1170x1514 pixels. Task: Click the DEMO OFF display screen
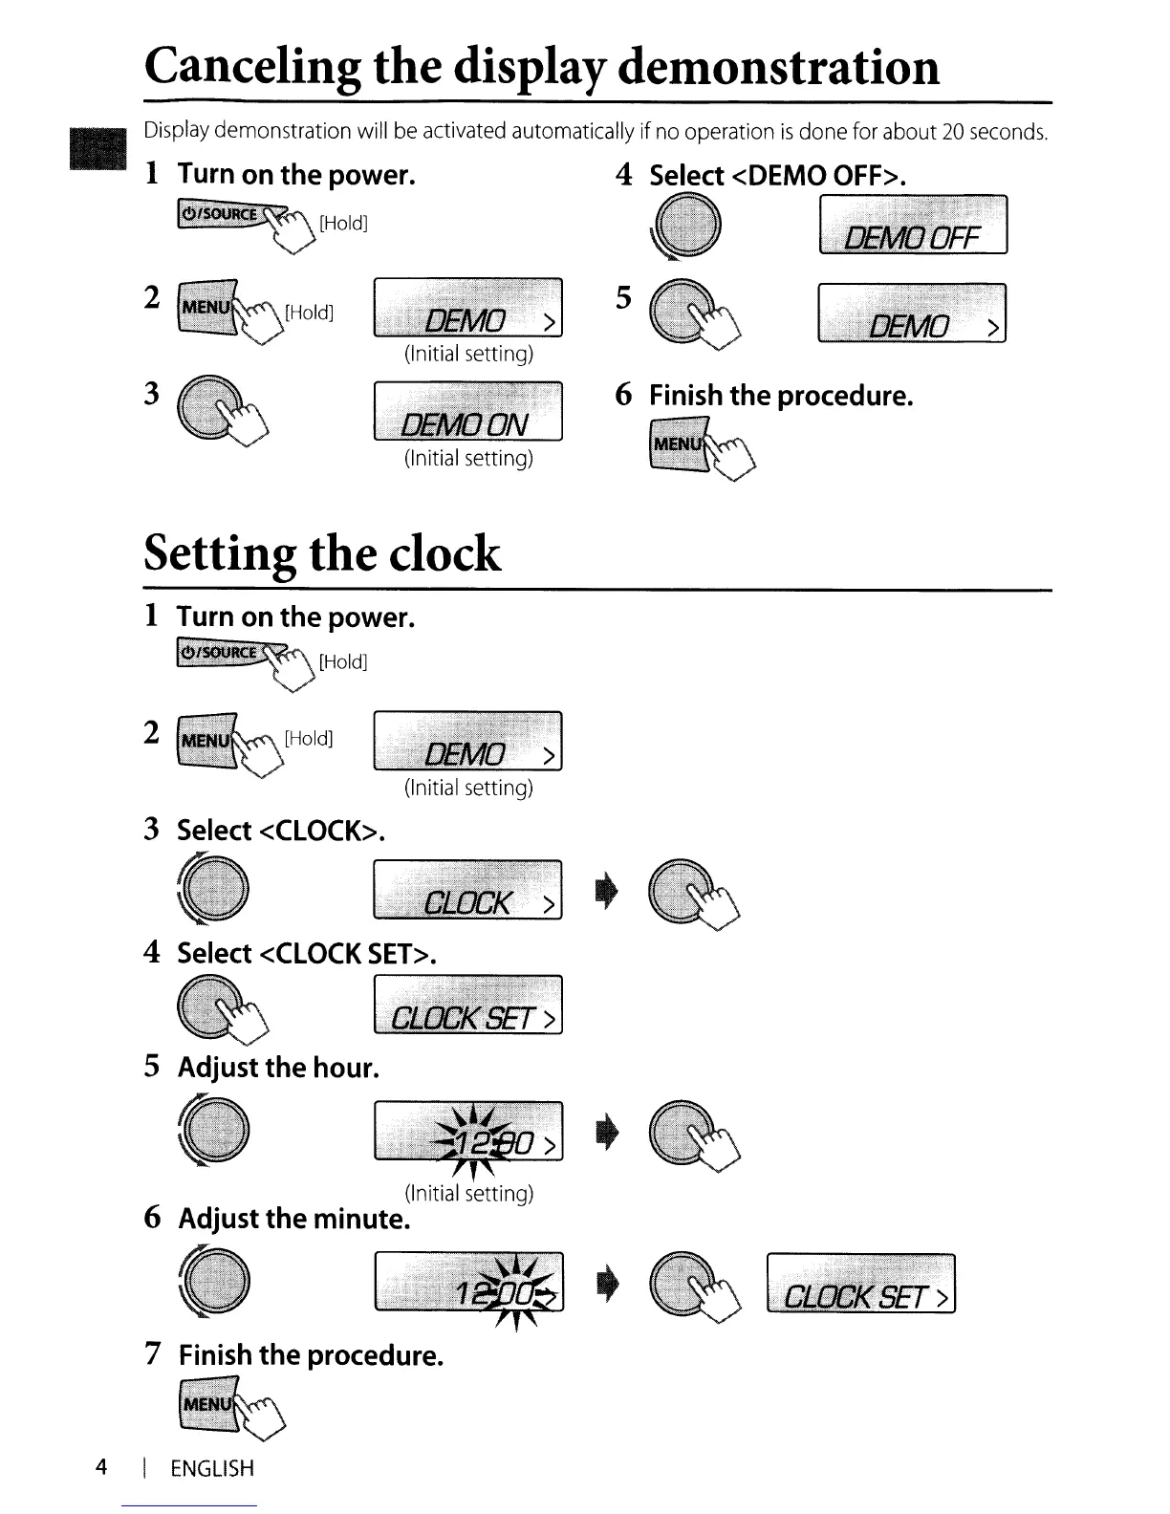(913, 225)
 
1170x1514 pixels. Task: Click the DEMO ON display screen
(467, 411)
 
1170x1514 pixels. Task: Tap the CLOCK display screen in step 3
(467, 890)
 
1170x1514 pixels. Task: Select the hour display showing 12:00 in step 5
(468, 1131)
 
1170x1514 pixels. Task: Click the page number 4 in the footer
(101, 1467)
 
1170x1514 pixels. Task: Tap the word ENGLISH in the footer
(212, 1468)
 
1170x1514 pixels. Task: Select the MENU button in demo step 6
(677, 445)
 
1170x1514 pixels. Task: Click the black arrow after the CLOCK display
(608, 891)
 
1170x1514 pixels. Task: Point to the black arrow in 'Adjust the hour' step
(608, 1132)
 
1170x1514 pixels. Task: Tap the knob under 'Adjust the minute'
(216, 1281)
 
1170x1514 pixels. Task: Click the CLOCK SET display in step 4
(467, 1005)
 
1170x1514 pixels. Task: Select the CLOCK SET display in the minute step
(860, 1284)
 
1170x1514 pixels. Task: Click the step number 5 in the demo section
(623, 298)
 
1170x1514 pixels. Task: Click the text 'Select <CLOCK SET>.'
(307, 953)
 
